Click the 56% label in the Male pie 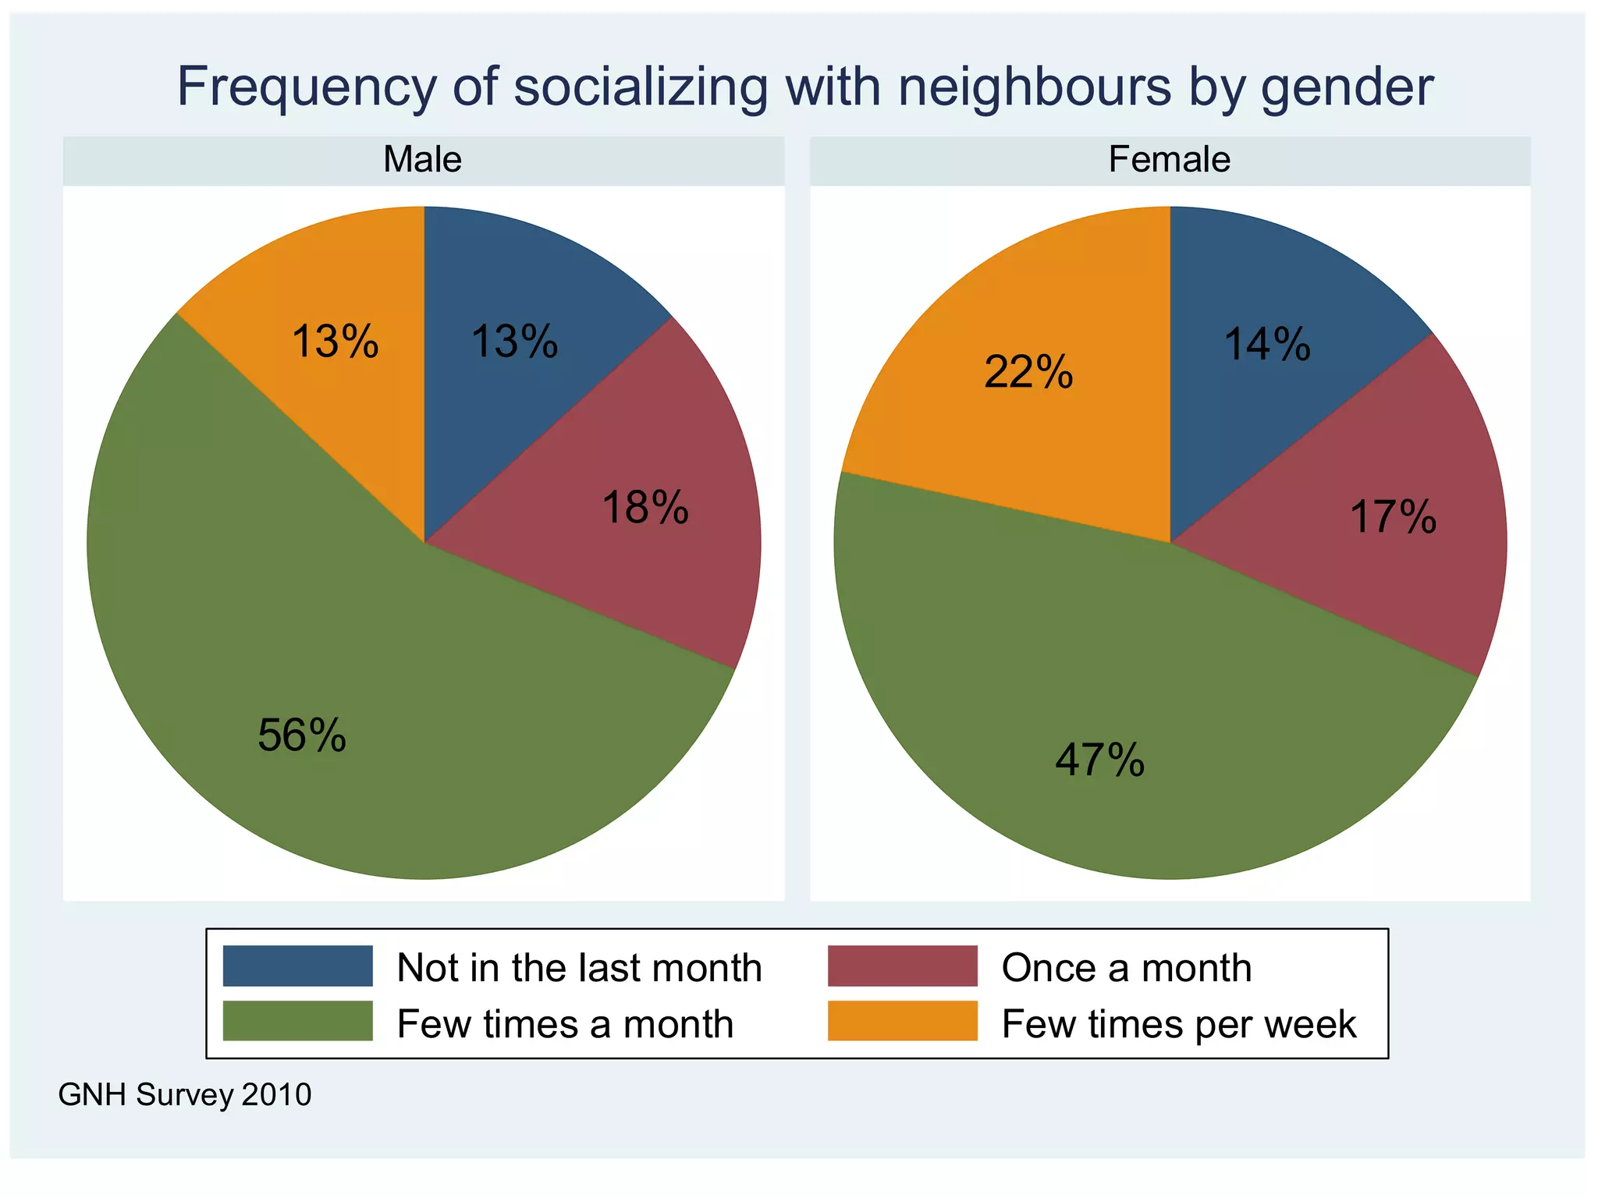tap(302, 735)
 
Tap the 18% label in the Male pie tap(645, 508)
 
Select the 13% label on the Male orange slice tap(336, 342)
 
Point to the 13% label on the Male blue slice tap(515, 342)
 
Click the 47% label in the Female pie tap(1099, 760)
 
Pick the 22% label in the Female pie tap(1028, 372)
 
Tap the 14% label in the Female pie tap(1267, 345)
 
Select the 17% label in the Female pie tap(1393, 517)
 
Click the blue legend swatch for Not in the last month tap(297, 966)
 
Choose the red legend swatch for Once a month tap(902, 966)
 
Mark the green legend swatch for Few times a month tap(297, 1022)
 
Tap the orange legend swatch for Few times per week tap(902, 1022)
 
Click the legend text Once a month tap(1126, 968)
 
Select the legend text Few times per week tap(1178, 1024)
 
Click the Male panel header tap(422, 160)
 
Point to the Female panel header tap(1169, 160)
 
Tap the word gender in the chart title tap(1347, 87)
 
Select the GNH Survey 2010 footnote tap(185, 1095)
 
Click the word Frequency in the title tap(306, 87)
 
